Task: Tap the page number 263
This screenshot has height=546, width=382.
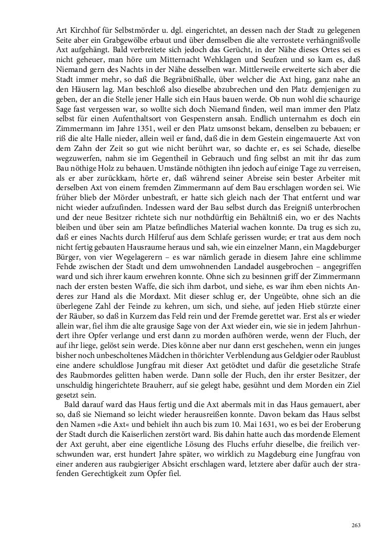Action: click(x=355, y=526)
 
